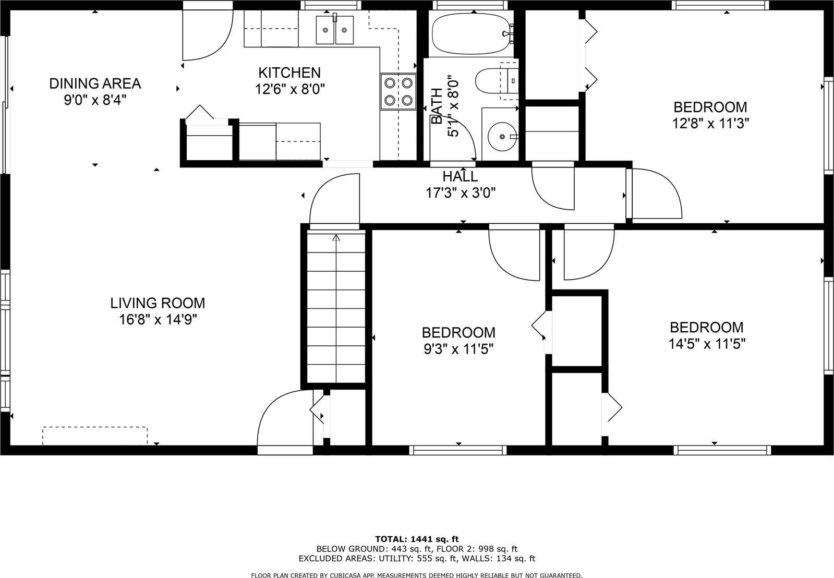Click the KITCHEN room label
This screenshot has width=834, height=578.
coord(289,73)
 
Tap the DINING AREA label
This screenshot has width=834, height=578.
coord(95,83)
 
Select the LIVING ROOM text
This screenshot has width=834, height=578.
coord(158,303)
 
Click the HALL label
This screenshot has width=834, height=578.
coord(460,176)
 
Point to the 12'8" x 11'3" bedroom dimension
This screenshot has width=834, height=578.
coord(710,124)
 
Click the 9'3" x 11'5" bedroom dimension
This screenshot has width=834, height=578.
coord(458,348)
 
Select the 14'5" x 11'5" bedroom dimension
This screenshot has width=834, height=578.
coord(707,344)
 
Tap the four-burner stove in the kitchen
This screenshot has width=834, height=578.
coord(398,91)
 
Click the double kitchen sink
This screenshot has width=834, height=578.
coord(334,29)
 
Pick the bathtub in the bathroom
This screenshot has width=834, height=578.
coord(469,33)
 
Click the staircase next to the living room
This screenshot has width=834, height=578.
coord(335,308)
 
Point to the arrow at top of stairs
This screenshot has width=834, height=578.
coord(336,238)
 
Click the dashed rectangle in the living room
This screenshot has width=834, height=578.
coord(95,436)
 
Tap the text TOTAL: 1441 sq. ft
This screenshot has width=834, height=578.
coord(417,539)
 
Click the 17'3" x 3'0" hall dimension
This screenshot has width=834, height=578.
coord(460,193)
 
